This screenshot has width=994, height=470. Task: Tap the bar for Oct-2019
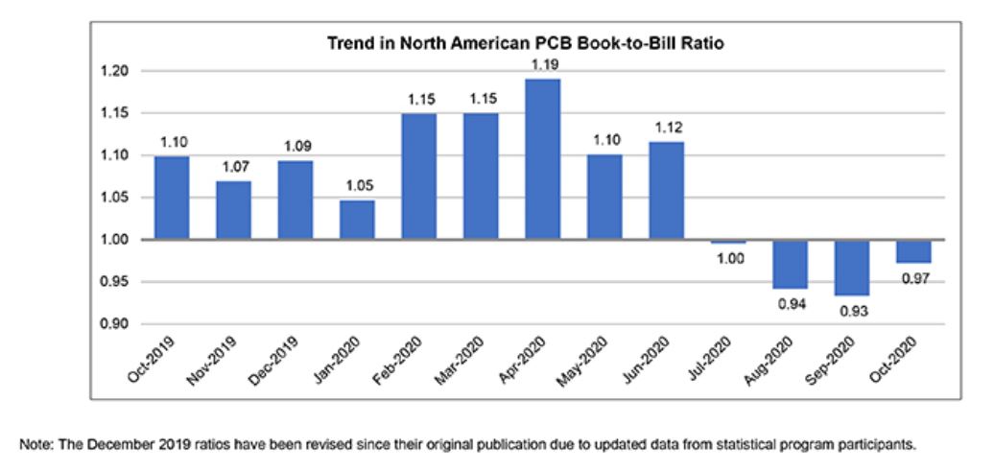pos(172,198)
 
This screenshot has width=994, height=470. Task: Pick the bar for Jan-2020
pos(357,220)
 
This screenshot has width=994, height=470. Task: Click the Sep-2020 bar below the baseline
pos(852,268)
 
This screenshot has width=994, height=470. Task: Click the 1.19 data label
pos(543,64)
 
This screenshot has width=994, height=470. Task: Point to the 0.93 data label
pos(852,312)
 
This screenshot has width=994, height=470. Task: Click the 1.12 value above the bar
pos(667,128)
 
